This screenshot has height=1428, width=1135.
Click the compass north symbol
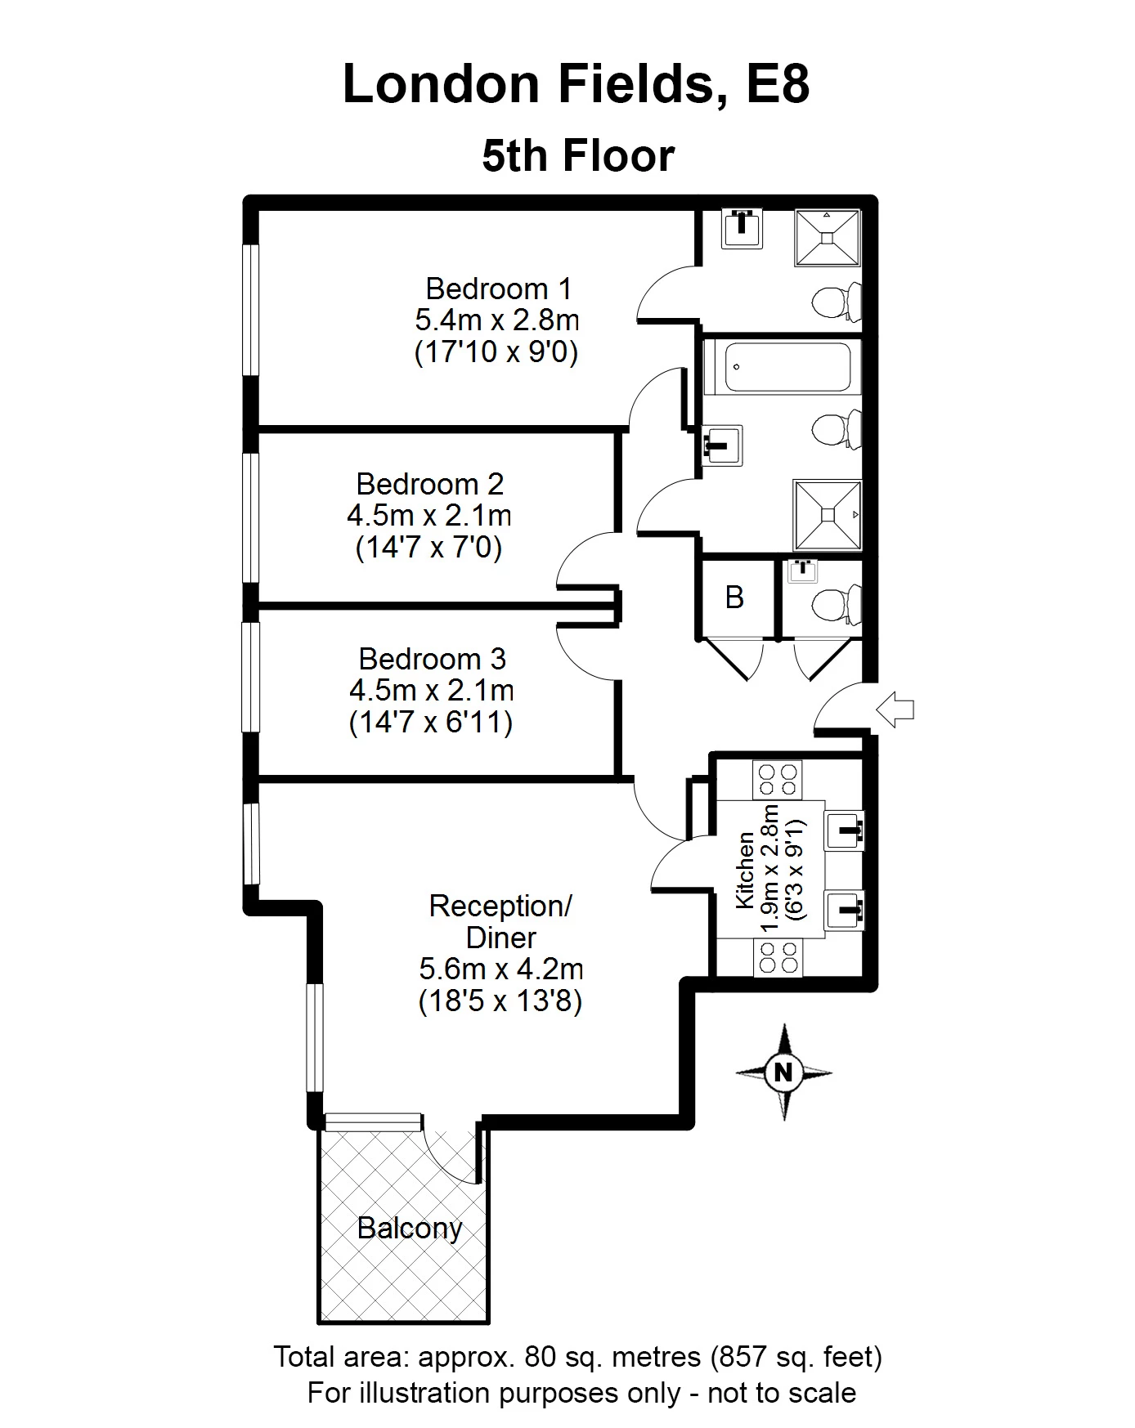(783, 1072)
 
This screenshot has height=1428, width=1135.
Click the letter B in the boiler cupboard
(734, 598)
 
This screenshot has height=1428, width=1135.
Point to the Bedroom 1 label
(498, 289)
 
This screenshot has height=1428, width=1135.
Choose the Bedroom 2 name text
(430, 484)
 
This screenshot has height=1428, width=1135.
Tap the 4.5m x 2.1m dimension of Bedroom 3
(432, 691)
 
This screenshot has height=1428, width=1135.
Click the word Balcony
(410, 1228)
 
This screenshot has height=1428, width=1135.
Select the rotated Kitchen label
(745, 870)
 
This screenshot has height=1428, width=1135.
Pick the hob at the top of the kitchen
(778, 779)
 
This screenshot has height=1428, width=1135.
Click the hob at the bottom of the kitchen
(778, 956)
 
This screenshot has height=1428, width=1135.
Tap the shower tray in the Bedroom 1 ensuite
(828, 238)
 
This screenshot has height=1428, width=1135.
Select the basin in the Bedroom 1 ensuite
(742, 229)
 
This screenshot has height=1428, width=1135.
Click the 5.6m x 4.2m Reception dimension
(501, 969)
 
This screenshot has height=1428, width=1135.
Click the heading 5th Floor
(579, 155)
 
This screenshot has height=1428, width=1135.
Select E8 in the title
(778, 84)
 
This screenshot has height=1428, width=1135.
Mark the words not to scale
(782, 1393)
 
